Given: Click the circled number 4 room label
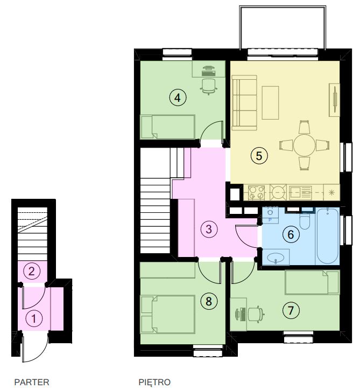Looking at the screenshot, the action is [178, 98].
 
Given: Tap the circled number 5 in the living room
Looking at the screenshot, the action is [259, 156].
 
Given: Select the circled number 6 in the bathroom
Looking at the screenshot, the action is [291, 234].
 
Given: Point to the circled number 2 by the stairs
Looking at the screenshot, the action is [31, 271].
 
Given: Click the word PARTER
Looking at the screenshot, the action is [32, 382].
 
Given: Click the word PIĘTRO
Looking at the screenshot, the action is [154, 382].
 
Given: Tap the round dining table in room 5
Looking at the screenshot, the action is [305, 145].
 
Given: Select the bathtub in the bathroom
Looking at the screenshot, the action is [327, 236].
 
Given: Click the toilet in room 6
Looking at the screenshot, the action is [305, 220].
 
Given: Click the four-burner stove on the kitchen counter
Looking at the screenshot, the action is [256, 192].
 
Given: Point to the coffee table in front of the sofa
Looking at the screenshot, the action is [270, 103].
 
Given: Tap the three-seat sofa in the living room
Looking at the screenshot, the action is [244, 103].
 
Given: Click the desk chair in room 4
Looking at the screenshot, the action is [209, 87].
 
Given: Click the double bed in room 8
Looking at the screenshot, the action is [167, 314].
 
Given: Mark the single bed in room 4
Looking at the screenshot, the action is [167, 127].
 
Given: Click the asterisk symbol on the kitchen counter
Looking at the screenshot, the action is [331, 192].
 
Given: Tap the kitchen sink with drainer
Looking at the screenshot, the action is [300, 193].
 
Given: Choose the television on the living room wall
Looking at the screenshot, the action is [335, 100].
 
